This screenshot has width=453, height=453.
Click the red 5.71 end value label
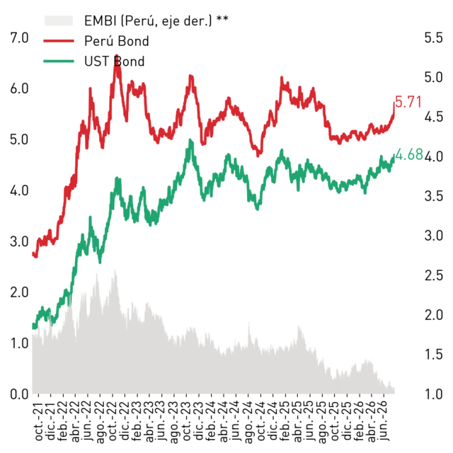click(408, 102)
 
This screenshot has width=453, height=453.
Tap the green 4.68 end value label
click(409, 154)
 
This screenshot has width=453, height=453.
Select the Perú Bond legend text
click(116, 41)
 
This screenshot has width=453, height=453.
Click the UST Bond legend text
click(115, 62)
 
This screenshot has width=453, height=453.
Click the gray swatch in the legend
click(58, 21)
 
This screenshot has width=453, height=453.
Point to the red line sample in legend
click(59, 41)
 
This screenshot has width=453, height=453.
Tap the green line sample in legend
click(59, 62)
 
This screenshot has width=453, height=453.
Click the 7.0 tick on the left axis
click(19, 38)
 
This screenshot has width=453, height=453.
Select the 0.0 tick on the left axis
click(19, 394)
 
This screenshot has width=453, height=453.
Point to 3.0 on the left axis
click(19, 241)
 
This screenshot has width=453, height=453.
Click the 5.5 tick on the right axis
click(433, 38)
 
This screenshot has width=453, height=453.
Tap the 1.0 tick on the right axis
click(433, 394)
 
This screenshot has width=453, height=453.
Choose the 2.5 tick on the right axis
click(433, 275)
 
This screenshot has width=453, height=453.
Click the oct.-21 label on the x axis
click(38, 422)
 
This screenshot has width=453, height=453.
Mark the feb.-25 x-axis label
click(285, 421)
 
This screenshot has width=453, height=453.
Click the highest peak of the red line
click(116, 55)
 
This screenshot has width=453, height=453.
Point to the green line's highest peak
click(190, 140)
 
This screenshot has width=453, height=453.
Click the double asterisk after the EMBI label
click(222, 18)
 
